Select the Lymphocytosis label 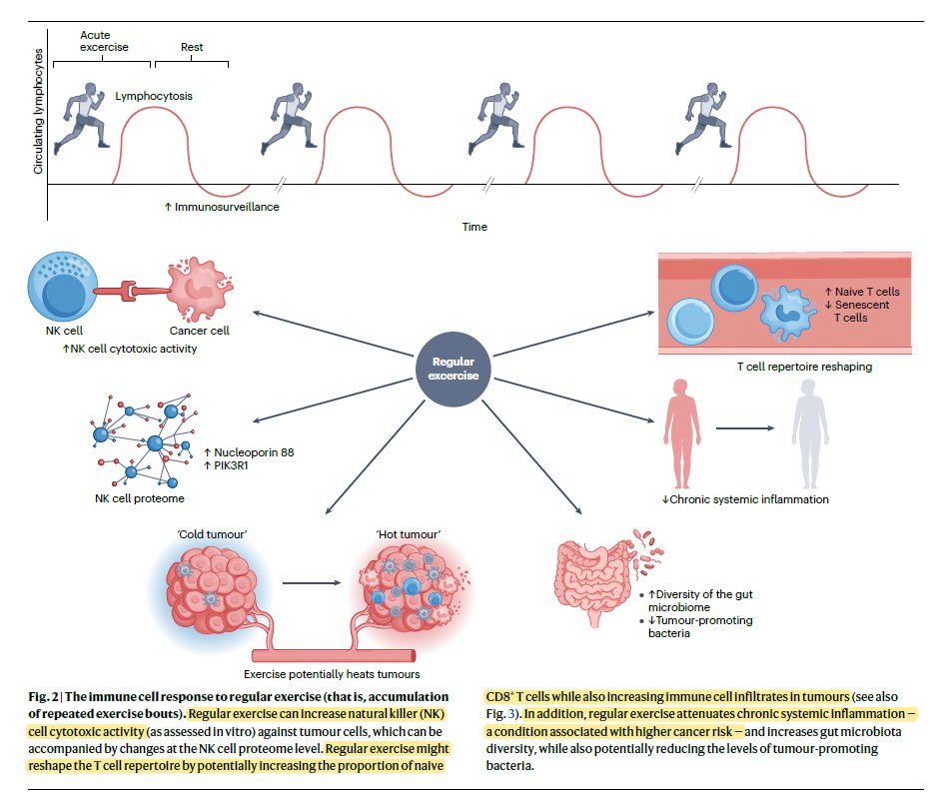(154, 97)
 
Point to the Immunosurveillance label (221, 207)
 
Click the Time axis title (474, 227)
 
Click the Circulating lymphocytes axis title (38, 110)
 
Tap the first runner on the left (80, 118)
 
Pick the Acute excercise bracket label (100, 41)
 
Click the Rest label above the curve (192, 47)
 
